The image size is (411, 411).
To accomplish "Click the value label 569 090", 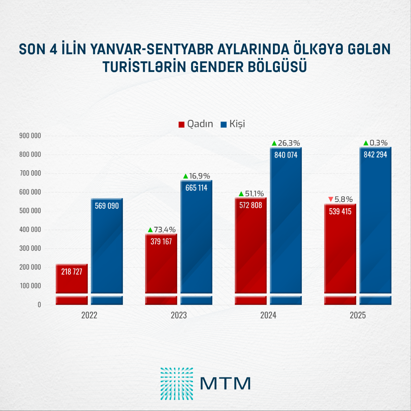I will pyautogui.click(x=107, y=206).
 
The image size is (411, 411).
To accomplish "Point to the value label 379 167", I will pyautogui.click(x=161, y=241).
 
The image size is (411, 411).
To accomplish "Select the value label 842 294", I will pyautogui.click(x=375, y=155).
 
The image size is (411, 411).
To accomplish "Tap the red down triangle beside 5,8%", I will pyautogui.click(x=331, y=199).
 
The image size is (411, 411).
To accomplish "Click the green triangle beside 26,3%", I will pyautogui.click(x=274, y=143).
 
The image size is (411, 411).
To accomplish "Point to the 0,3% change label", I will pyautogui.click(x=378, y=143).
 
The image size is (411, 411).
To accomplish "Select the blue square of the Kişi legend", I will pyautogui.click(x=224, y=124).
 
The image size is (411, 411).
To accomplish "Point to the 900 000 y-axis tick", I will pyautogui.click(x=30, y=136).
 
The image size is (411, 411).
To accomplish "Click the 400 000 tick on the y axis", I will pyautogui.click(x=30, y=229).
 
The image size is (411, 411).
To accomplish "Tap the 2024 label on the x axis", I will pyautogui.click(x=268, y=315).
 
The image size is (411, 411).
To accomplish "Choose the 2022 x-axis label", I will pyautogui.click(x=89, y=315).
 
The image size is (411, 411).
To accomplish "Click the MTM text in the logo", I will pyautogui.click(x=225, y=384).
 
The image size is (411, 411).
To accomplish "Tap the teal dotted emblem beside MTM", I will pyautogui.click(x=177, y=384).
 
